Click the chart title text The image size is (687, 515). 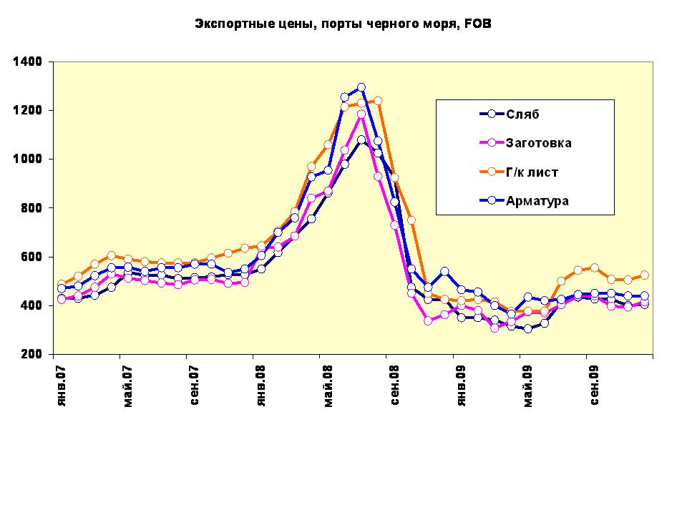tap(343, 24)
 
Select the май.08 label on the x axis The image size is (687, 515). tap(328, 387)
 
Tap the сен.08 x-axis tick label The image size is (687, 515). tap(394, 387)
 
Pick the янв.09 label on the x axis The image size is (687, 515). tap(462, 387)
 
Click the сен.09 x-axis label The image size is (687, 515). tap(595, 387)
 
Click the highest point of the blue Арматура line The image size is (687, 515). tap(361, 87)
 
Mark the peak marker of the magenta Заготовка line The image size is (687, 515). tap(361, 114)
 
